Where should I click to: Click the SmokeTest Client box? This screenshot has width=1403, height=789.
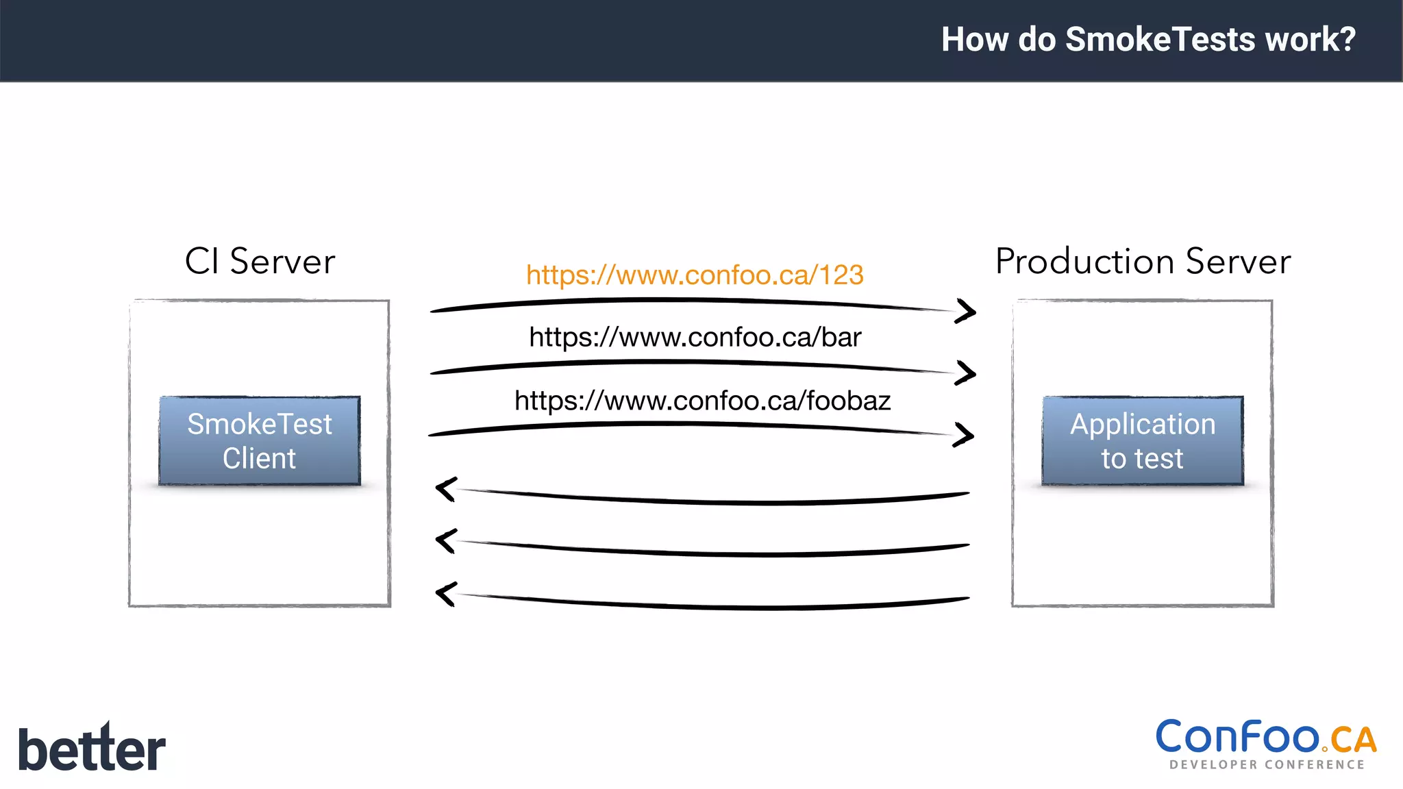tap(260, 441)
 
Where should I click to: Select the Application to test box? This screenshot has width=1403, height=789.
tap(1143, 441)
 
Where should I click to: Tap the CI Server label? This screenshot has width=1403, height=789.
tap(260, 262)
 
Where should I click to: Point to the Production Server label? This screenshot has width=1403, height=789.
tap(1143, 262)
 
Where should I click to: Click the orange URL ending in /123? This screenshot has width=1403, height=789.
tap(695, 275)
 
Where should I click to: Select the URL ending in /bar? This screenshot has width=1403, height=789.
tap(695, 338)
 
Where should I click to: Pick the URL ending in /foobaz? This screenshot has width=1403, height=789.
tap(702, 401)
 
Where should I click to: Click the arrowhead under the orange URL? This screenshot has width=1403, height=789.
tap(967, 312)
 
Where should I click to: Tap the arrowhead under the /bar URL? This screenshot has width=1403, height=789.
tap(967, 373)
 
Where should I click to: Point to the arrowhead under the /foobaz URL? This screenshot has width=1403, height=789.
tap(965, 435)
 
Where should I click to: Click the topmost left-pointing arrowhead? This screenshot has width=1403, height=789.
tap(446, 489)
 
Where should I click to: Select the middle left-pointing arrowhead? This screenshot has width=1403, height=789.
tap(446, 541)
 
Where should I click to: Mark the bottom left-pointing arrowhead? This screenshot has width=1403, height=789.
tap(446, 594)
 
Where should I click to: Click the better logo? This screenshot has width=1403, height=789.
tap(92, 748)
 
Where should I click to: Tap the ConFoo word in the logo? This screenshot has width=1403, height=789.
tap(1237, 737)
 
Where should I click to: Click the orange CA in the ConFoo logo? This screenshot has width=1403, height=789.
tap(1353, 740)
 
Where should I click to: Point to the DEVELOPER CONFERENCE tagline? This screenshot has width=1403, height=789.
tap(1267, 765)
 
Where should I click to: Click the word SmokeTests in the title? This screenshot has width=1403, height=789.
tap(1160, 39)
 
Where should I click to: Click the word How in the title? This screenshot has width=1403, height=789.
tap(976, 39)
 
